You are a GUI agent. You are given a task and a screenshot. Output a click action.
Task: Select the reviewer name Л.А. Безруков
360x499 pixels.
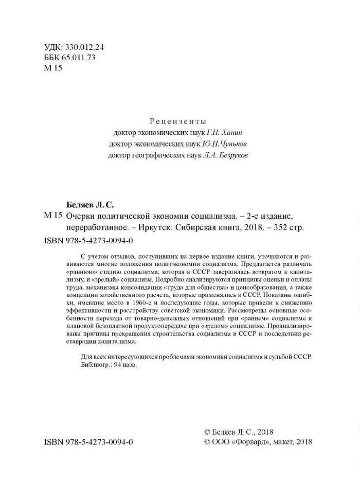226,155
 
